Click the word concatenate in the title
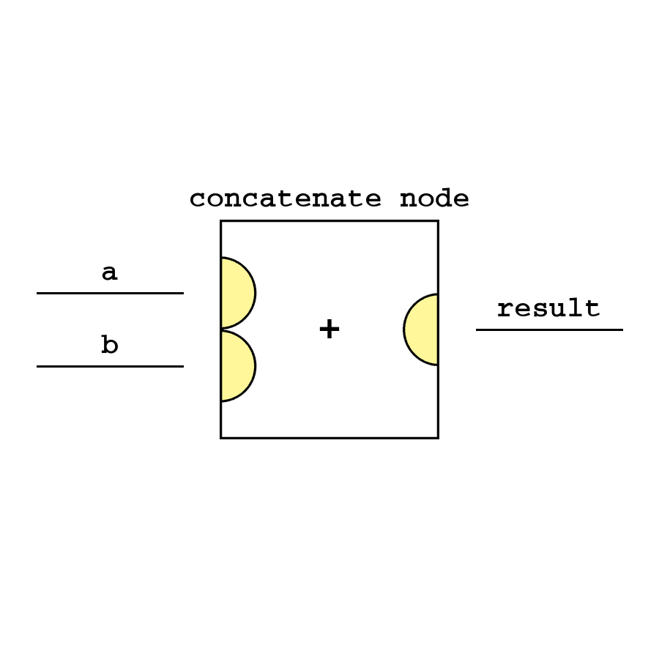pos(285,199)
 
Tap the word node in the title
pos(434,199)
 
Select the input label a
pos(109,273)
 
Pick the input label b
pos(109,345)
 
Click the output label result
pos(548,308)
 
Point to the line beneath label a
pos(110,293)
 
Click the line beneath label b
pos(110,366)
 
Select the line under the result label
pos(549,329)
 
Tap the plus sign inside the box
pos(329,329)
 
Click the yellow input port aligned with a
pos(237,293)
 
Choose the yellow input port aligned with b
pos(237,366)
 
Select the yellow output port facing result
pos(422,329)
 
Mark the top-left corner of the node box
pos(221,221)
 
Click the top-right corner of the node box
pos(438,221)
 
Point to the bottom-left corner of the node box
pos(221,438)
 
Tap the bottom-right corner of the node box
pos(438,438)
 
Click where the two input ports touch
pos(222,329)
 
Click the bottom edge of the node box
pos(329,438)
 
